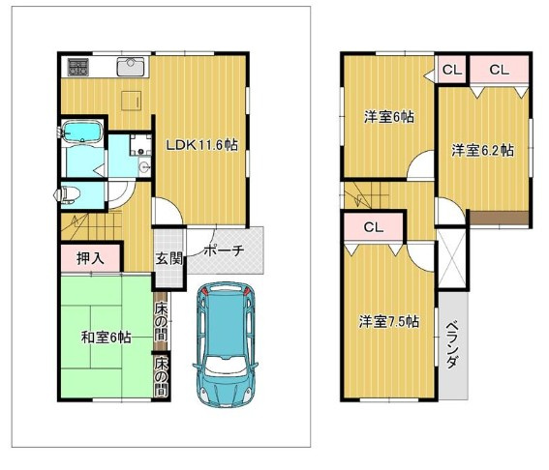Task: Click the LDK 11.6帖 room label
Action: [x=201, y=144]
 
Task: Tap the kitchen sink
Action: [x=131, y=67]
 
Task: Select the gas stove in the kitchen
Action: [x=78, y=67]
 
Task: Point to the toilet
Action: [x=68, y=194]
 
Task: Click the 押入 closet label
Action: [x=90, y=258]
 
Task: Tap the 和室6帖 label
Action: [x=107, y=338]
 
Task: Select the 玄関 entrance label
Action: [x=168, y=259]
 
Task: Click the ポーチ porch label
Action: [x=224, y=250]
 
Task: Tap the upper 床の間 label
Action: [x=161, y=321]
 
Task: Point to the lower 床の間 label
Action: [x=161, y=376]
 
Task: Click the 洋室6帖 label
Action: [x=389, y=117]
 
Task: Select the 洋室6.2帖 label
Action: [x=482, y=150]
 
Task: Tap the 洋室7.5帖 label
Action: [x=389, y=321]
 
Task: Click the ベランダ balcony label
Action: [x=453, y=345]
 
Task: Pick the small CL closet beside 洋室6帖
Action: [x=452, y=70]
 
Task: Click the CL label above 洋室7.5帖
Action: [x=374, y=227]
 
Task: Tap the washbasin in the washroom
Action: [x=143, y=167]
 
